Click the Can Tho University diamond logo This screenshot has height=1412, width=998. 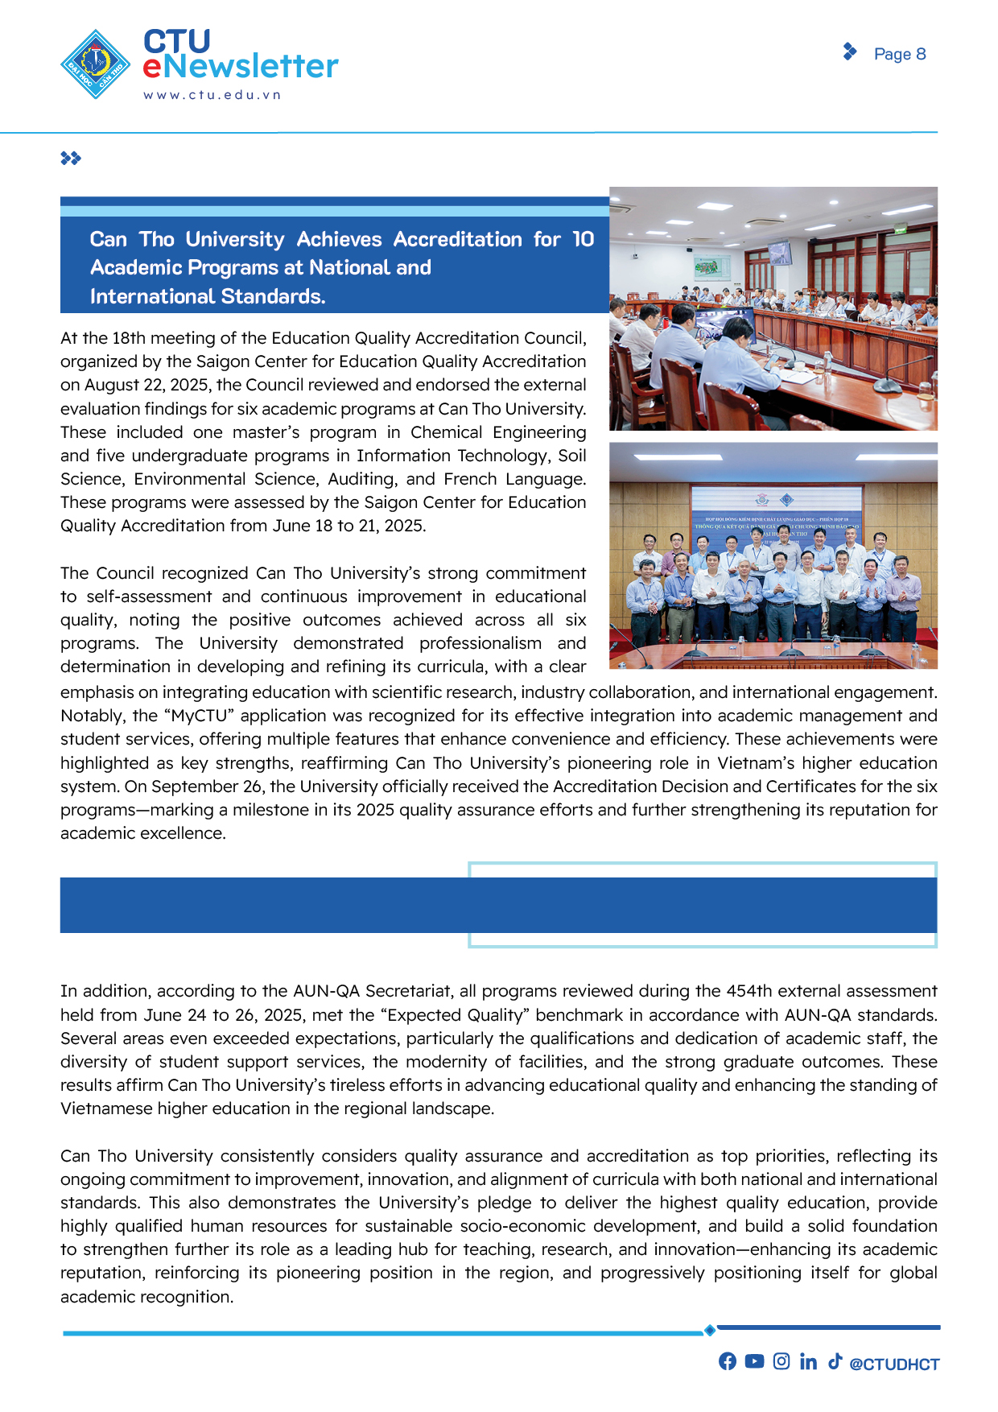[x=96, y=64]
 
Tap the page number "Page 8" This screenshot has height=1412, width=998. [x=900, y=54]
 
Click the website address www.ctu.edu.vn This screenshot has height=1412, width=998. [x=212, y=95]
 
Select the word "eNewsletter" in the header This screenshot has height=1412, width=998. [x=241, y=67]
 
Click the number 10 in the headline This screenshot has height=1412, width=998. [x=583, y=239]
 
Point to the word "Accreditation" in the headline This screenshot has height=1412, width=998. [x=457, y=239]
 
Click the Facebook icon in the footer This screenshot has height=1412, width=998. [x=728, y=1360]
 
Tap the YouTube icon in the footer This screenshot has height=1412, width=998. [x=754, y=1360]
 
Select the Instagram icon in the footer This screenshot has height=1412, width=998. [x=781, y=1360]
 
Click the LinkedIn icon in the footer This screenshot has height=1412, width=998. [x=808, y=1360]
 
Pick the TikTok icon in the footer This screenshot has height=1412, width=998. [x=835, y=1360]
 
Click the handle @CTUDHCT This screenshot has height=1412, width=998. [x=894, y=1364]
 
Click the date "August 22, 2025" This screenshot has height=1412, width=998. [x=148, y=385]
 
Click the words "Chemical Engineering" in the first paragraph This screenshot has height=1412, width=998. [x=498, y=432]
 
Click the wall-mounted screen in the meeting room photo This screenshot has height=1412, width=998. [x=779, y=253]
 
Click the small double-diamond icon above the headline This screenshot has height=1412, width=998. [x=71, y=159]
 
